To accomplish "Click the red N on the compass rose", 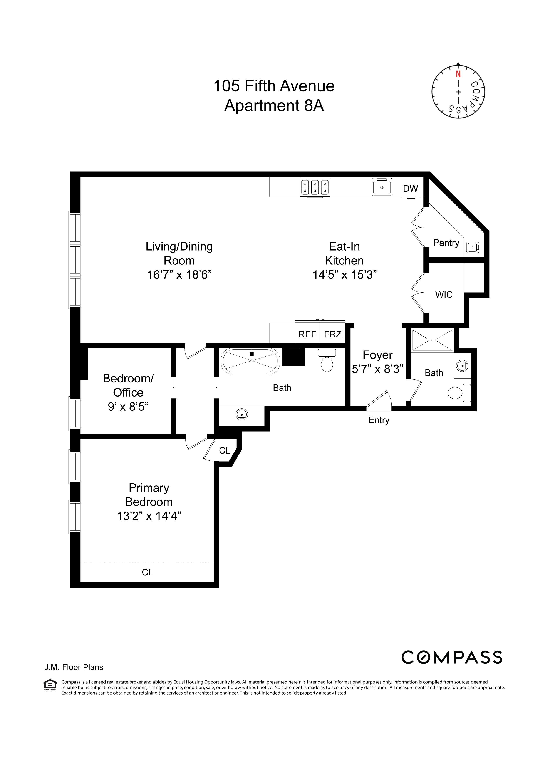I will [458, 74].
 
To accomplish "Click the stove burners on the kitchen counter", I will [315, 187].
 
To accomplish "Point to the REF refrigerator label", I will [307, 334].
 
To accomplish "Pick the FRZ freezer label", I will [332, 334].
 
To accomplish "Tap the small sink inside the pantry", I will [472, 247].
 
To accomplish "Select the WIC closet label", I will [444, 294].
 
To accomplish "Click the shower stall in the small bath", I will [432, 340].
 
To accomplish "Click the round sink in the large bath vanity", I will [241, 414].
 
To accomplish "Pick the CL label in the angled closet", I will [225, 450].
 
